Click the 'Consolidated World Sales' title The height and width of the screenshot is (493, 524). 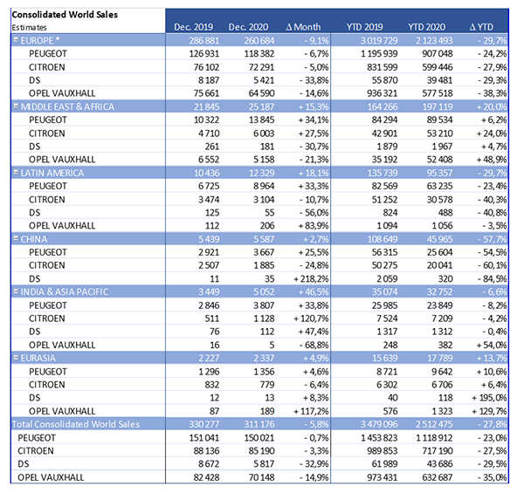tap(65, 15)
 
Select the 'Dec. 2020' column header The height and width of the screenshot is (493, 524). tap(248, 27)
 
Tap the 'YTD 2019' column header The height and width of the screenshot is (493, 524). tap(364, 27)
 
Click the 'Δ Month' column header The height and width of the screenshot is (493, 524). tap(303, 27)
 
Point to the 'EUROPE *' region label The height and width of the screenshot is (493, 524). tap(40, 41)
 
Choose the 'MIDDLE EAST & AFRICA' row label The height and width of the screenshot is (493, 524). tap(67, 106)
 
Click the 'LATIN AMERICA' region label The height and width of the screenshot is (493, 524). tap(52, 173)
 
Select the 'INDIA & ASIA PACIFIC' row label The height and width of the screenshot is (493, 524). tap(65, 292)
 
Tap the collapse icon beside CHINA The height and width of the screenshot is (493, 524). tap(16, 239)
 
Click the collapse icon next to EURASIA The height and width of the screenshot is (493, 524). tap(16, 358)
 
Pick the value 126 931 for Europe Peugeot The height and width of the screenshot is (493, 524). tap(204, 54)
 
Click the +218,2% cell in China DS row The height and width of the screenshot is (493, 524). tap(311, 278)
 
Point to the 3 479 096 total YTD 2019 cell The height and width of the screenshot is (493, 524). tap(379, 424)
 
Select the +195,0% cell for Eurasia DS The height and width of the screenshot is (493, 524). tap(489, 398)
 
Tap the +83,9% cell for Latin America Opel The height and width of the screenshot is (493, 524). tap(314, 226)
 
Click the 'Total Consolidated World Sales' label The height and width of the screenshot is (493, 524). tap(76, 424)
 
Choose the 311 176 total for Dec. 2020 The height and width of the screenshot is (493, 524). tap(259, 424)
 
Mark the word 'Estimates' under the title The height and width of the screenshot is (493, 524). tap(30, 27)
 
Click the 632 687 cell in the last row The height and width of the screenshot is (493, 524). tap(438, 477)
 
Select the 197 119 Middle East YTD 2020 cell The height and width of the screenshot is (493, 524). tap(438, 106)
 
